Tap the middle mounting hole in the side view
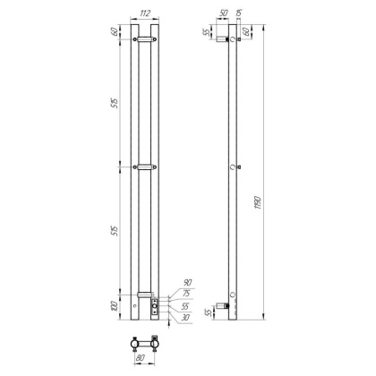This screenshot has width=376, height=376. click(x=233, y=167)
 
